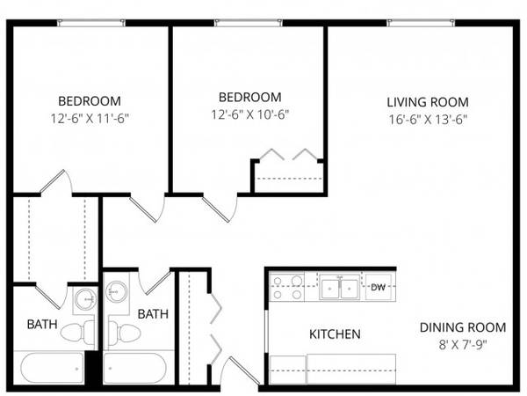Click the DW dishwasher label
click(378, 287)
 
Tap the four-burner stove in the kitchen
click(287, 287)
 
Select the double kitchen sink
click(339, 287)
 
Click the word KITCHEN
click(335, 334)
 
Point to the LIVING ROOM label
click(428, 102)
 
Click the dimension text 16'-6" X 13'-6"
click(428, 120)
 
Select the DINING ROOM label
click(463, 327)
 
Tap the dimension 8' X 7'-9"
click(463, 345)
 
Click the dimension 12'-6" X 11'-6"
click(90, 119)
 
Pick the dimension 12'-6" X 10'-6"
click(250, 114)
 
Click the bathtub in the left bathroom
click(52, 368)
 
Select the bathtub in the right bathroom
click(135, 368)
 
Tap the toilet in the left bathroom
click(77, 332)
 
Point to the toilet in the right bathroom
click(124, 332)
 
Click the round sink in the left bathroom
click(86, 299)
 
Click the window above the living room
click(421, 23)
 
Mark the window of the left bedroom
click(91, 23)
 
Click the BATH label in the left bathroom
click(42, 324)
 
